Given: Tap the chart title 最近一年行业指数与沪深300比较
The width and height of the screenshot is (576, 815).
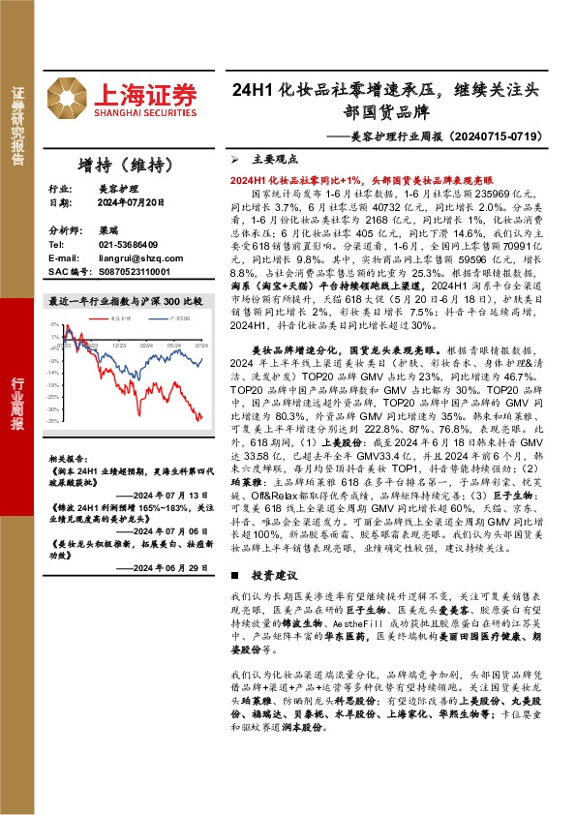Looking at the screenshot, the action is point(125,302).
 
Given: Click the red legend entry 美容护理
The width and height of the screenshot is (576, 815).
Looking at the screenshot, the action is point(120,316).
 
